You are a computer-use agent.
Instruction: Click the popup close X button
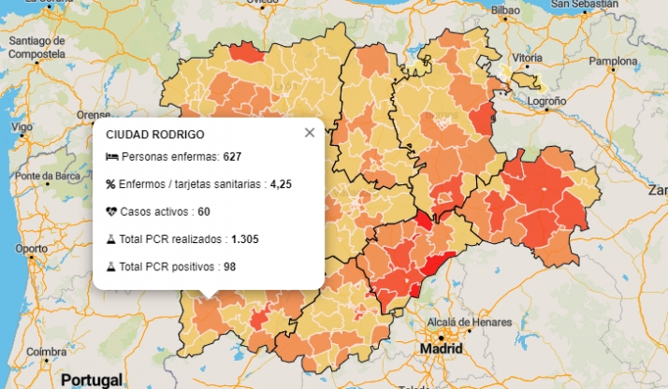click(x=310, y=133)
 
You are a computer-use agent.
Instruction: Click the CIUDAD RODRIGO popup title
click(x=155, y=135)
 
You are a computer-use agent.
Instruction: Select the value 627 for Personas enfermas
click(x=232, y=156)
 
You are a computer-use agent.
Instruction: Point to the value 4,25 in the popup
click(x=281, y=184)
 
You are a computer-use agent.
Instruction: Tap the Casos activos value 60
click(x=204, y=211)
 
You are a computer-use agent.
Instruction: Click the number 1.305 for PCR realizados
click(x=245, y=239)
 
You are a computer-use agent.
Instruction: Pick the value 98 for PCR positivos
click(x=229, y=267)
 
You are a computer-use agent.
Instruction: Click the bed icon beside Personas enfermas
click(x=111, y=156)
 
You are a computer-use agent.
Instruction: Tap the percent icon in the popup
click(x=110, y=184)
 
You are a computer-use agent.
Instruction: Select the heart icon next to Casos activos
click(x=111, y=211)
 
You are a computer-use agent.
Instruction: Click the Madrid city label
click(x=442, y=348)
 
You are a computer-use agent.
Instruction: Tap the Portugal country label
click(x=91, y=380)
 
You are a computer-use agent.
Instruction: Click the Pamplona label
click(x=612, y=62)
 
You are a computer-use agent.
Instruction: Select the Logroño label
click(x=547, y=100)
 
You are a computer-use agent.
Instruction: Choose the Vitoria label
click(x=527, y=58)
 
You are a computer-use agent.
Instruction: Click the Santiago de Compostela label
click(x=36, y=48)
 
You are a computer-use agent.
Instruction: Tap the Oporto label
click(x=31, y=249)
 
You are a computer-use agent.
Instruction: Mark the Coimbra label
click(x=46, y=352)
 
